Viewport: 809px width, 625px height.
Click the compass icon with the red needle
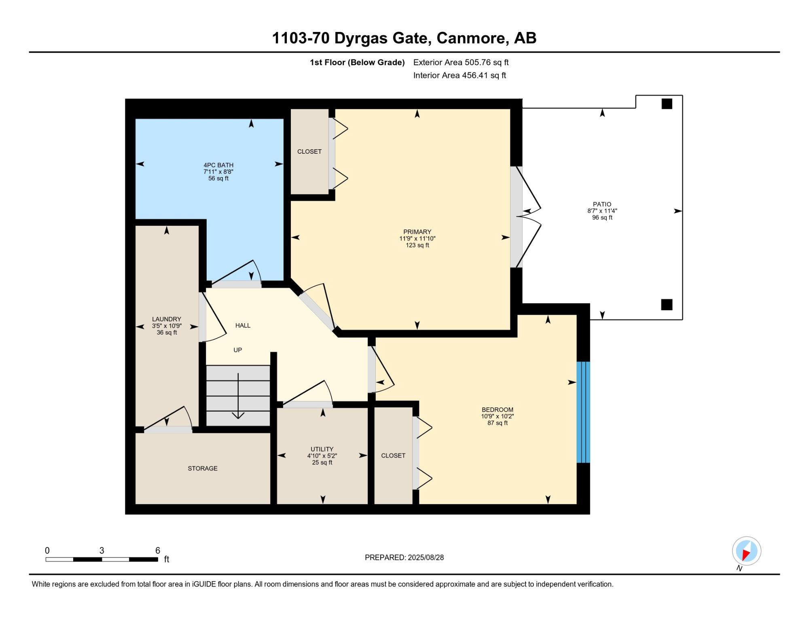coord(746,551)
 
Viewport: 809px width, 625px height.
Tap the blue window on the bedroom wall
coord(583,412)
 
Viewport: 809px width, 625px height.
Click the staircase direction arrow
coord(238,396)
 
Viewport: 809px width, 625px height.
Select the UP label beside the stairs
coord(238,350)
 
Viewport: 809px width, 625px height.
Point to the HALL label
coord(243,325)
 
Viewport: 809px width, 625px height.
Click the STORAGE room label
coord(203,468)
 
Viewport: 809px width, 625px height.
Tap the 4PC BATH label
coord(218,165)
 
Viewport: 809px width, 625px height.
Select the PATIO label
coord(602,204)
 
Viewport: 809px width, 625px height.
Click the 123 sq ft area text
coord(417,245)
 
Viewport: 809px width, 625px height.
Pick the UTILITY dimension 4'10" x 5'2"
coord(322,456)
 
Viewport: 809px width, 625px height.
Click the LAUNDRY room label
coord(167,319)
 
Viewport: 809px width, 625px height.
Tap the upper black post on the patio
coord(667,104)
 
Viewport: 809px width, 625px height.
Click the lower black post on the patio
coord(667,305)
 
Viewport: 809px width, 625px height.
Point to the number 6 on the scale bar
coord(158,550)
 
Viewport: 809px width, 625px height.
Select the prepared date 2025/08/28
coord(426,557)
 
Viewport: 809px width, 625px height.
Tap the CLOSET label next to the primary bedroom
coord(309,151)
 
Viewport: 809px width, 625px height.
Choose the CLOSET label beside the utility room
coord(393,456)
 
